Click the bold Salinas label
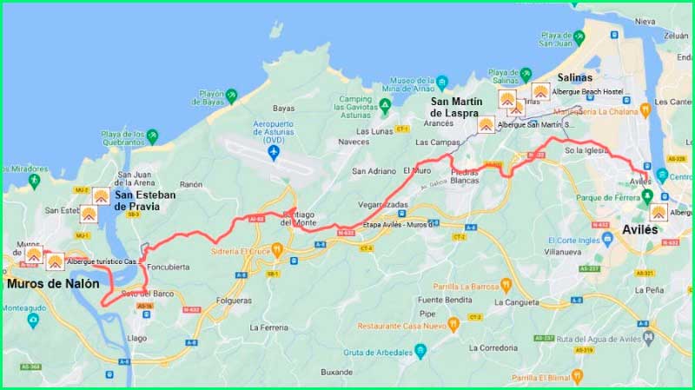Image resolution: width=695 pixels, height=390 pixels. coord(574,77)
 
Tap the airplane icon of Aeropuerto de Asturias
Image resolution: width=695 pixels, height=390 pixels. coord(275,153)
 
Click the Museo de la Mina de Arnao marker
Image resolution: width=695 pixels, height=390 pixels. coord(442,84)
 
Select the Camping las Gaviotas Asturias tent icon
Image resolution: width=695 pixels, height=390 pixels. coord(385,105)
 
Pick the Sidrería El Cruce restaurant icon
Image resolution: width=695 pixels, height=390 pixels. coord(277,250)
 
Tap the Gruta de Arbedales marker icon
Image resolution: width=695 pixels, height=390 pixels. coord(420,351)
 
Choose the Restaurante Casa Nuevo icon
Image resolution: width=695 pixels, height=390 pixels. coord(453,325)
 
